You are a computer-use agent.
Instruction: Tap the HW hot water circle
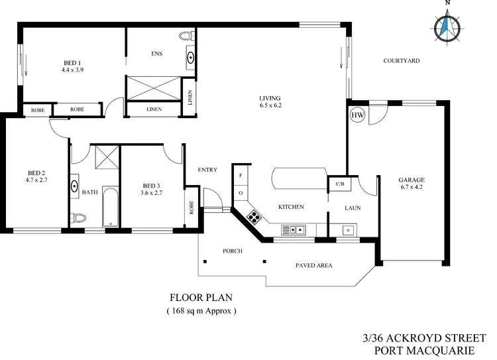(x=357, y=114)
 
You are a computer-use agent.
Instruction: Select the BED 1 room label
(x=72, y=65)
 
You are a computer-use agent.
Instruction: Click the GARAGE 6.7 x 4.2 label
(x=412, y=184)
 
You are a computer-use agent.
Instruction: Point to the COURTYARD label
(x=402, y=60)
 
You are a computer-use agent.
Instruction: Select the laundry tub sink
(x=347, y=230)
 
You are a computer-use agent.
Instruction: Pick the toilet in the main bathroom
(x=80, y=217)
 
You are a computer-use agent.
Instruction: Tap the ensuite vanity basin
(x=192, y=57)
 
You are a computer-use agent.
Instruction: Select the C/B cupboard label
(x=339, y=184)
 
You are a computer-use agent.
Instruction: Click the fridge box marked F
(x=240, y=177)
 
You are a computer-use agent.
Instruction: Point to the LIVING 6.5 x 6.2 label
(x=270, y=101)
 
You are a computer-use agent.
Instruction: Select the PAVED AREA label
(x=313, y=265)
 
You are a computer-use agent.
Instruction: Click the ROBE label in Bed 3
(x=191, y=209)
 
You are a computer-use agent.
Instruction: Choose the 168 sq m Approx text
(x=201, y=310)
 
